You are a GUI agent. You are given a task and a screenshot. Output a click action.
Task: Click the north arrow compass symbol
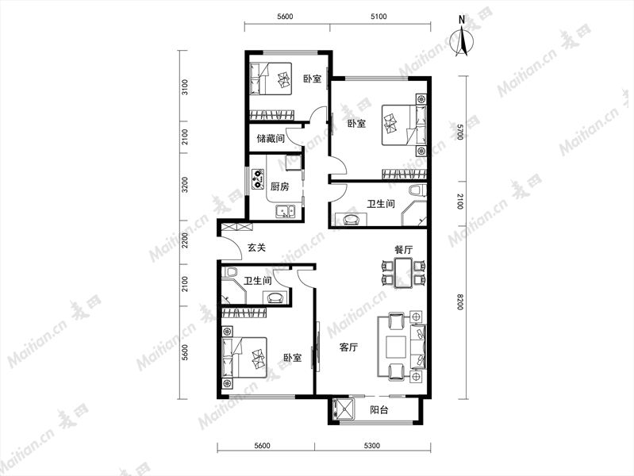pos(462,38)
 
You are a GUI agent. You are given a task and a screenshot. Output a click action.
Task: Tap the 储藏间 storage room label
pos(271,139)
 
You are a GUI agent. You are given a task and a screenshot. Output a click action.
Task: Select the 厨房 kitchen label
pos(280,187)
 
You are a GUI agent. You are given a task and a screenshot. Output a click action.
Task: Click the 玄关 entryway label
pos(256,247)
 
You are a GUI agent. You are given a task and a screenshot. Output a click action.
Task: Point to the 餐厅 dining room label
pos(404,250)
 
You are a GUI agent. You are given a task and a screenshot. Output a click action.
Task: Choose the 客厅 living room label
pos(348,347)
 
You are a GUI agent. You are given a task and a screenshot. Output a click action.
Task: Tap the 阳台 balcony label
pos(379,410)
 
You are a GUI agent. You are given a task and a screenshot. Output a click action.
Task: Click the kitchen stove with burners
pos(258,179)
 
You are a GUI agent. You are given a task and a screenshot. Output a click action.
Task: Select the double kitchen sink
pos(286,212)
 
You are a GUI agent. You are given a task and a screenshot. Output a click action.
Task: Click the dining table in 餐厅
pos(404,273)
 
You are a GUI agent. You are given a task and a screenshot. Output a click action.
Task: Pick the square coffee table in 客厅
pos(396,347)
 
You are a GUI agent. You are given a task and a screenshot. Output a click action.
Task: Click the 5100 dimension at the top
pos(378,17)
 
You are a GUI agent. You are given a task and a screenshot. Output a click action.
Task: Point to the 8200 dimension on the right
pos(459,301)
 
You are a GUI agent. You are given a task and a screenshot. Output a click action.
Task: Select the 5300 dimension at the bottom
pos(372,446)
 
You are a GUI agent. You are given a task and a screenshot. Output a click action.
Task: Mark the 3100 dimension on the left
pos(185,86)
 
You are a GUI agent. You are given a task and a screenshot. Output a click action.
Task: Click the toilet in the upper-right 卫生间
pos(417,190)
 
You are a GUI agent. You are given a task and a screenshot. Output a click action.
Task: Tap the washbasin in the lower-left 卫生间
pos(276,297)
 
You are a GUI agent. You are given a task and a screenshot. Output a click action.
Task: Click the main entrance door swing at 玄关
pos(230,248)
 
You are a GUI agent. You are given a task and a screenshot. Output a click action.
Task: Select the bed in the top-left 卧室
pos(271,79)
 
